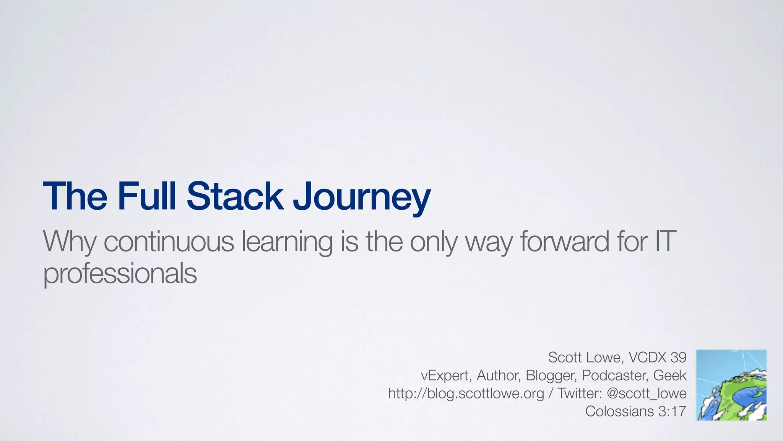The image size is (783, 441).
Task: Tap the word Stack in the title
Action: (x=235, y=196)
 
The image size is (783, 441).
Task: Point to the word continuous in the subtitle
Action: (x=169, y=242)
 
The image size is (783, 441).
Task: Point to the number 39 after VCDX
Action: (x=679, y=357)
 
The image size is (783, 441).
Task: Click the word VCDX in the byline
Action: (x=648, y=357)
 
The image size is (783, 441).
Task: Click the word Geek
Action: (x=670, y=375)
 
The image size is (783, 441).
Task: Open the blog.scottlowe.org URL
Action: (x=466, y=394)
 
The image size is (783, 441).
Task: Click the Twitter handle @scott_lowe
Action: (x=647, y=394)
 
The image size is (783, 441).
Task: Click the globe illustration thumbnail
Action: (x=731, y=385)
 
